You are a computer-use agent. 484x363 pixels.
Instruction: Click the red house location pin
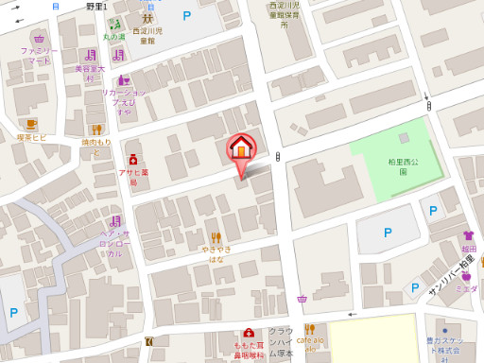241,149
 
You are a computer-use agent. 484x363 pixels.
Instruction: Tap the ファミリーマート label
39,55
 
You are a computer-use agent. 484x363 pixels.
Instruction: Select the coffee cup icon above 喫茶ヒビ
32,124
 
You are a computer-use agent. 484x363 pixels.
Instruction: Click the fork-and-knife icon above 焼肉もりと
96,129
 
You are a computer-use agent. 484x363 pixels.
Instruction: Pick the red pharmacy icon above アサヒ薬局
133,160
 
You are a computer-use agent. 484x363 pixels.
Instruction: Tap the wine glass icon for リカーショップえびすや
124,80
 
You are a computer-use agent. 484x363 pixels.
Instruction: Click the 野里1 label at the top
95,7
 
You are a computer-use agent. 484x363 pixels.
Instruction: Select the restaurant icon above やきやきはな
216,236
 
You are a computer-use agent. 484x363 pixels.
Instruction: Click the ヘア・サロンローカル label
112,243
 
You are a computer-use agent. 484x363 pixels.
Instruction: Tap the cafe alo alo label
310,343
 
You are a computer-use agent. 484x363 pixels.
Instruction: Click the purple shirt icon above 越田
468,235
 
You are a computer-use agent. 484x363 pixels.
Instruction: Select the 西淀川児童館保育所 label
284,18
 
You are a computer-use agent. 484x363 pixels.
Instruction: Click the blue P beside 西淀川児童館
186,15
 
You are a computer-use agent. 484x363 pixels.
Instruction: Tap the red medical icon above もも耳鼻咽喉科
248,333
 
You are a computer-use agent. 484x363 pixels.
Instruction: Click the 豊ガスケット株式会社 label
443,347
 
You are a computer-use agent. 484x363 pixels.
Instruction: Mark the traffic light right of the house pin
277,157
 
